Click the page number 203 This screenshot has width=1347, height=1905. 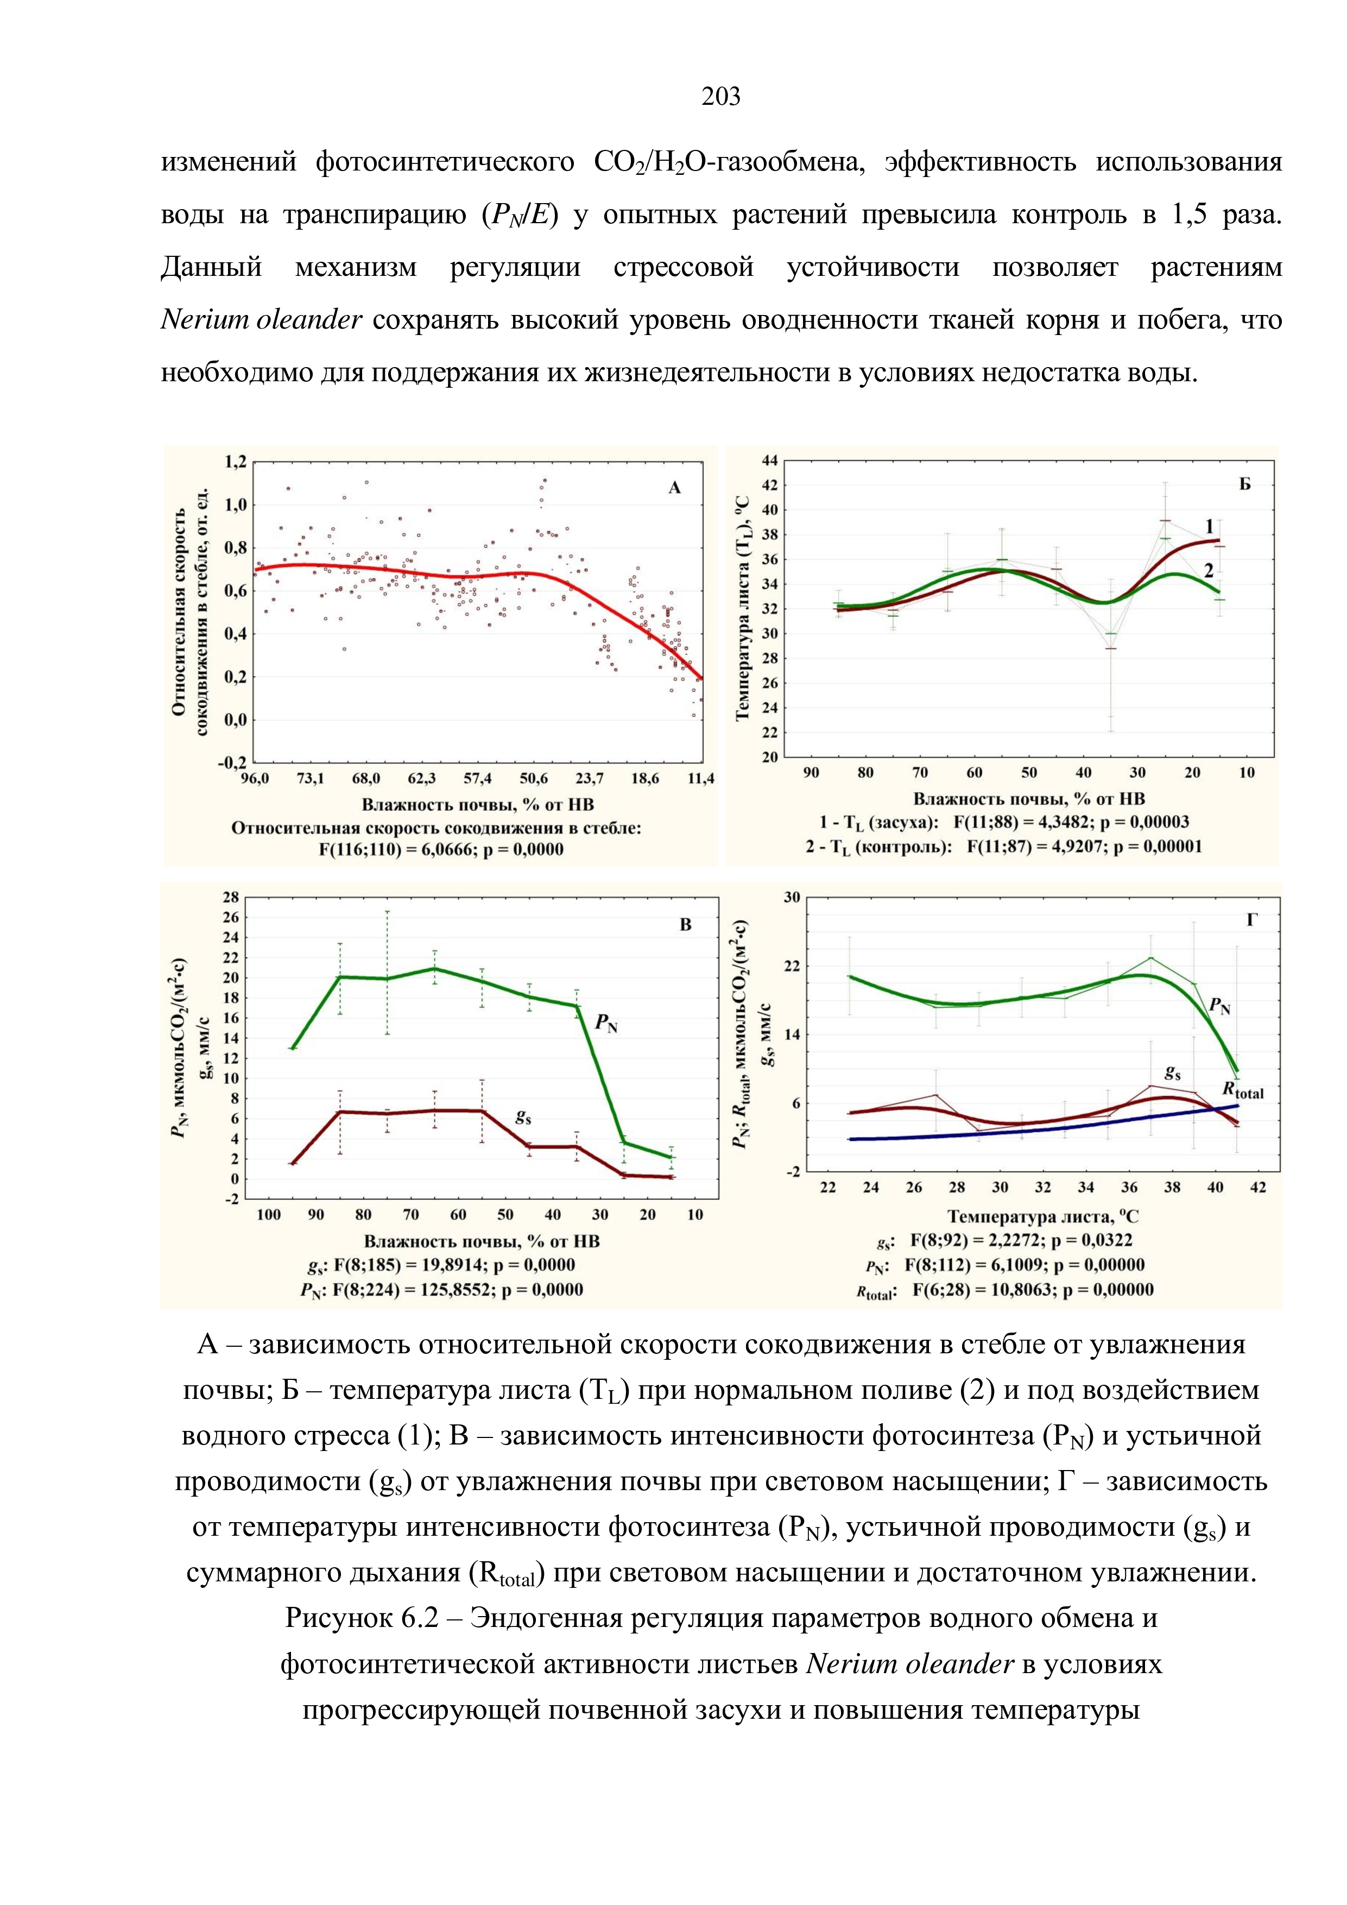[x=721, y=97]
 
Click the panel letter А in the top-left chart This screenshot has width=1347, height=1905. [x=674, y=488]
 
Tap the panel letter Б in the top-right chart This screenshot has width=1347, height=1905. [x=1244, y=484]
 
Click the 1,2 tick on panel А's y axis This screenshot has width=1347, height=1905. [x=236, y=461]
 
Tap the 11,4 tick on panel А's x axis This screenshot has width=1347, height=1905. [x=701, y=778]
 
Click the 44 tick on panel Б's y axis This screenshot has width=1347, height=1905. [x=770, y=461]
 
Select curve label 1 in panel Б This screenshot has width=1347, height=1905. [x=1209, y=526]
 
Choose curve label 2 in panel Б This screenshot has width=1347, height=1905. [x=1209, y=571]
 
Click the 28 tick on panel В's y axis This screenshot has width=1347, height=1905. [x=230, y=897]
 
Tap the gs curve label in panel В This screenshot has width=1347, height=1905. [x=523, y=1118]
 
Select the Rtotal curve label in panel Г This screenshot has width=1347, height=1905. [x=1243, y=1090]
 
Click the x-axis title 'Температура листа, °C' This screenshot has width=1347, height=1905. [x=1042, y=1216]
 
